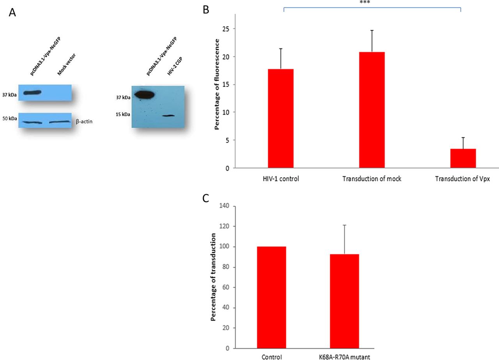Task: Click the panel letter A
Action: [12, 13]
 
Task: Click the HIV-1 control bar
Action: [281, 118]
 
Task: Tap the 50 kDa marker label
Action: [10, 119]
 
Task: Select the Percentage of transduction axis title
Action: [213, 277]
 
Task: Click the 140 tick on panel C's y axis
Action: [224, 206]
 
